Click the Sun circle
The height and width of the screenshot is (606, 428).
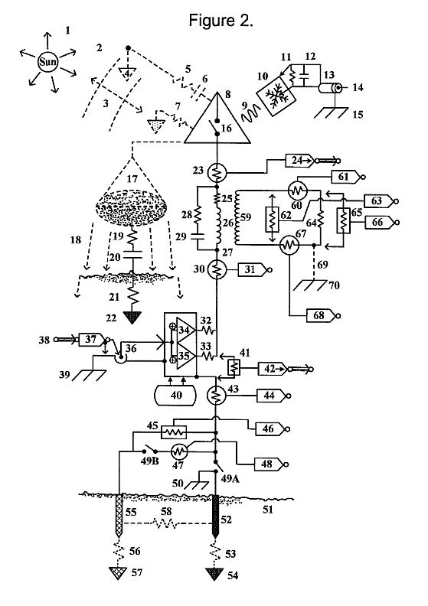point(47,61)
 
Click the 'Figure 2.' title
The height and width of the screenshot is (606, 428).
point(221,20)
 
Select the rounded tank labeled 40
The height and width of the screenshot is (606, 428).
point(175,395)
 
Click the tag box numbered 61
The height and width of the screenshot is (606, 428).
point(345,177)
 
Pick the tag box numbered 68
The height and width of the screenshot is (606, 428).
point(321,316)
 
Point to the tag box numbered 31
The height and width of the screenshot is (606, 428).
point(253,269)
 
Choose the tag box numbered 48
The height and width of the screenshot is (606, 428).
point(269,464)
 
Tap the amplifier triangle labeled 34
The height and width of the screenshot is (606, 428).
point(185,330)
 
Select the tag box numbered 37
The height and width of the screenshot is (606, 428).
point(92,339)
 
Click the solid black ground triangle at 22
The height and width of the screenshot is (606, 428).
point(132,318)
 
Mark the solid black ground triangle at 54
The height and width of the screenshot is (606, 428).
point(214,574)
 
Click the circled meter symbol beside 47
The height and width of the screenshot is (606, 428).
point(179,451)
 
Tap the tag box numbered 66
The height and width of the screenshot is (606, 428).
point(380,222)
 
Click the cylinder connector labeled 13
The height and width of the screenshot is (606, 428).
point(330,88)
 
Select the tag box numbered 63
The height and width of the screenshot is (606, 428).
point(379,201)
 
